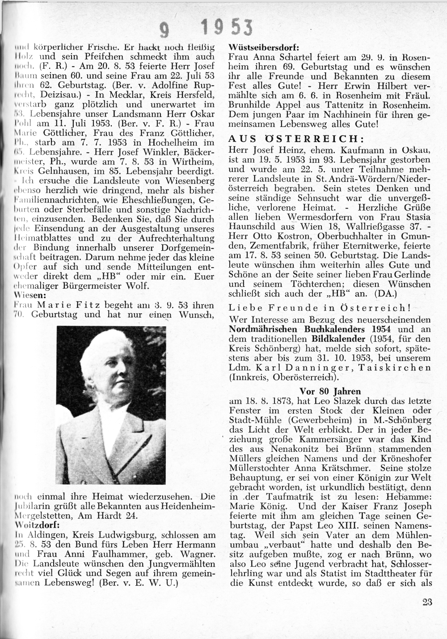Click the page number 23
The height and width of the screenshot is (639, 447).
(427, 602)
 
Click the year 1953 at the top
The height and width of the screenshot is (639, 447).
(227, 29)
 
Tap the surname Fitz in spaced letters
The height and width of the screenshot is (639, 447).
(96, 306)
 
